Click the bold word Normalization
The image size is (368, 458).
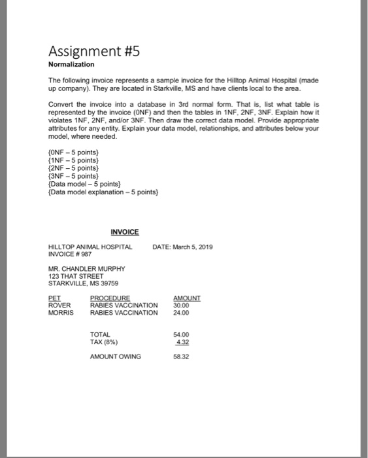click(x=71, y=65)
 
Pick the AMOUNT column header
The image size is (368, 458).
click(x=186, y=298)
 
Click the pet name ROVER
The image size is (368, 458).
click(x=59, y=305)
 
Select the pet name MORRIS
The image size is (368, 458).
click(x=61, y=312)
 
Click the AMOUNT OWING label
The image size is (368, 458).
click(x=115, y=356)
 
